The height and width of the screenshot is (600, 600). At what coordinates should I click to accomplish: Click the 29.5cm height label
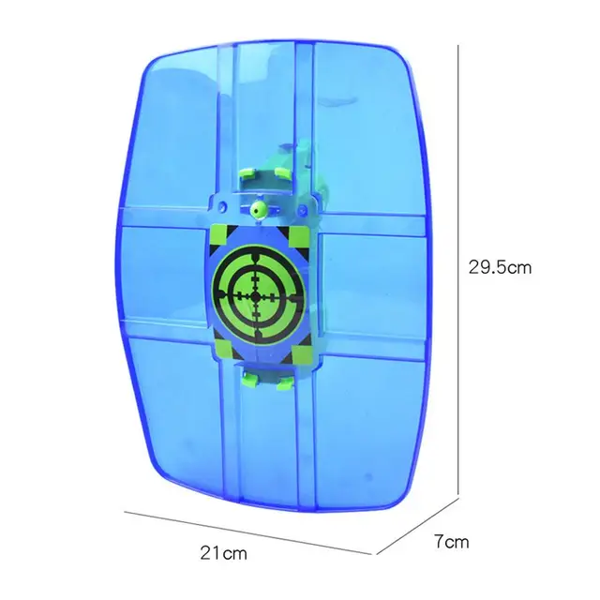pyautogui.click(x=500, y=267)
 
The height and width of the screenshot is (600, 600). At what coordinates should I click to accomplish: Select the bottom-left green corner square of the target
pyautogui.click(x=223, y=350)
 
